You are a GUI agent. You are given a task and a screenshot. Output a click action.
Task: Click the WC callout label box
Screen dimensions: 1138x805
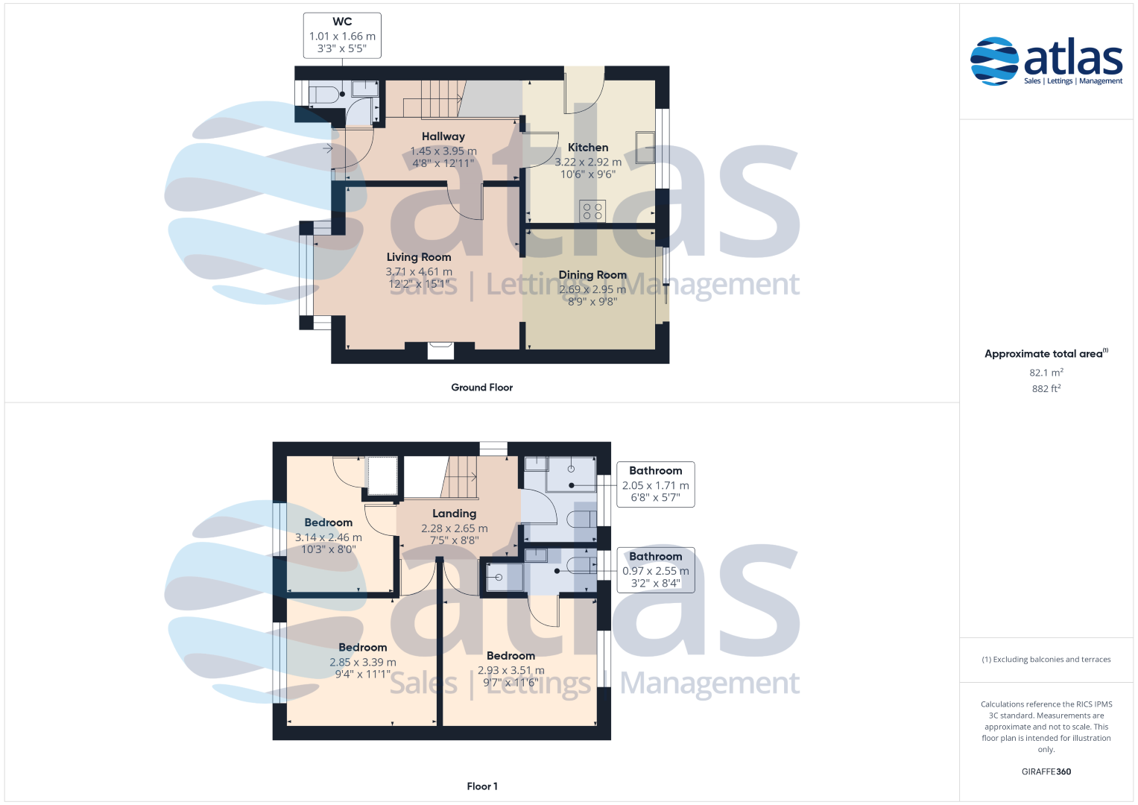click(342, 36)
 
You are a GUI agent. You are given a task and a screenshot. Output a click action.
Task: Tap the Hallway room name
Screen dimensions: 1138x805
click(443, 136)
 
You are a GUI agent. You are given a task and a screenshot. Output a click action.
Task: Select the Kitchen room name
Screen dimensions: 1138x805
click(588, 148)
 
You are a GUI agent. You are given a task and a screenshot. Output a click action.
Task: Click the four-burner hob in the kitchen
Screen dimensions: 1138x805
click(592, 212)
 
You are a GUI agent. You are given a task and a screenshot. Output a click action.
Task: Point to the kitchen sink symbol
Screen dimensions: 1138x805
click(645, 148)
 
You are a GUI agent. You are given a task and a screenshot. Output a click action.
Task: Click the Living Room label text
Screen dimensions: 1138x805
click(419, 257)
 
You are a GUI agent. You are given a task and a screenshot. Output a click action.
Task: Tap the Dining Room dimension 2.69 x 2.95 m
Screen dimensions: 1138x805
click(592, 289)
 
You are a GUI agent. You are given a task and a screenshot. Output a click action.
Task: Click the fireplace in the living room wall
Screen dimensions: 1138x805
click(440, 350)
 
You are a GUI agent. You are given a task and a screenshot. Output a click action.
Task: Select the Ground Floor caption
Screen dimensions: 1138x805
click(481, 388)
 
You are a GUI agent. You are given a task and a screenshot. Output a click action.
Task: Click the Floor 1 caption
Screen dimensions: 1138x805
click(482, 786)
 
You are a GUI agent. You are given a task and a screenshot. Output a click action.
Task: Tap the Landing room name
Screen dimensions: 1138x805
click(454, 514)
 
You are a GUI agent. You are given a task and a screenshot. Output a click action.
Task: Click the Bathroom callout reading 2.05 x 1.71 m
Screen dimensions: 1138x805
click(655, 484)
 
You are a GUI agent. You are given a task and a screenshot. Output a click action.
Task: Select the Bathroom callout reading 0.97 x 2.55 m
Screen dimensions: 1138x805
click(655, 569)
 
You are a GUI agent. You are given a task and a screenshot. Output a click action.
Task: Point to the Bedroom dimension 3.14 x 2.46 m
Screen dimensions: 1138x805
click(328, 537)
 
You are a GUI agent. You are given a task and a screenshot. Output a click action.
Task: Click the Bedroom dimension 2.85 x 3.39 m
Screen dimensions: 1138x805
click(363, 662)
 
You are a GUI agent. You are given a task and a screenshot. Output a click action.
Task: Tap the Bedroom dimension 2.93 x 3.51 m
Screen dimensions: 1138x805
click(510, 670)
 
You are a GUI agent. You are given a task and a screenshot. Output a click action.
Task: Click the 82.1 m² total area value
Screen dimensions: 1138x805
click(1046, 372)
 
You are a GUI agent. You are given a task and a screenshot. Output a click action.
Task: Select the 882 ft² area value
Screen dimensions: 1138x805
click(1046, 388)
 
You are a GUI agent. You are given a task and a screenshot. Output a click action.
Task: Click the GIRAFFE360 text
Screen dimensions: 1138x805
click(1046, 771)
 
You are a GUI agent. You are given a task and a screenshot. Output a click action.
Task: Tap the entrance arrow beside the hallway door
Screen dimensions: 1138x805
click(328, 148)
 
